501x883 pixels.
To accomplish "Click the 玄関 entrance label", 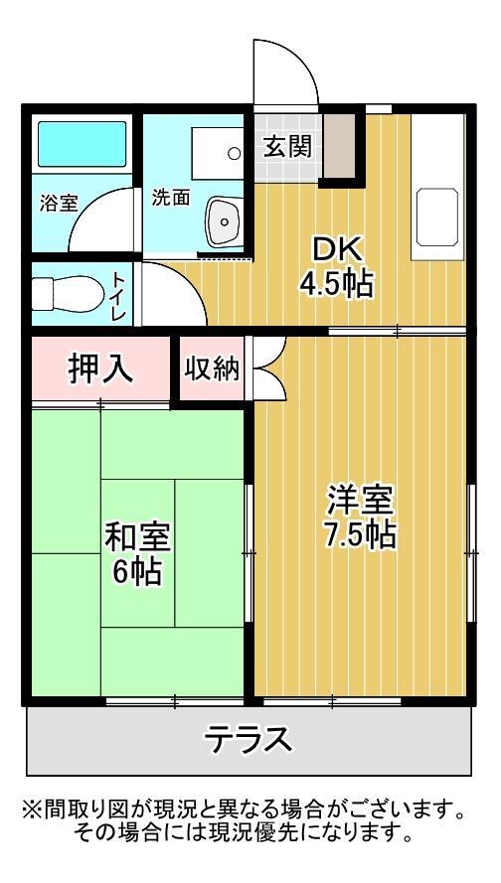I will point(286,147).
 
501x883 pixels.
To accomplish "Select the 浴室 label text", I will point(59,204).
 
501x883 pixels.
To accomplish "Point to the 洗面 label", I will point(170,197).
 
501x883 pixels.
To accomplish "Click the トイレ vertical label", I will point(117,295).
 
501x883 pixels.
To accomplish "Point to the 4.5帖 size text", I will point(336,285).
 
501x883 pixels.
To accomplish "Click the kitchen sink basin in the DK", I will point(436,219).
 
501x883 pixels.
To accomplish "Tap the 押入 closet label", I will point(99,368).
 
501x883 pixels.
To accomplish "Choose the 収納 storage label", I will point(212,368).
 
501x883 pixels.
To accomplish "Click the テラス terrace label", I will point(249,740).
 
